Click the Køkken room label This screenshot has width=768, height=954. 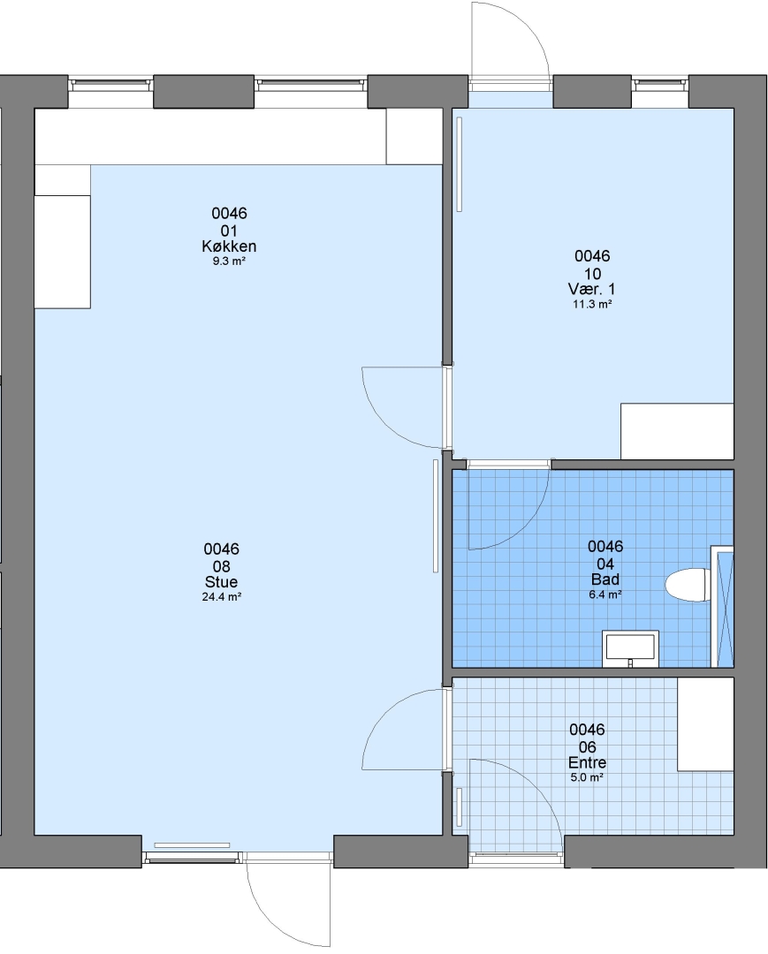[229, 246]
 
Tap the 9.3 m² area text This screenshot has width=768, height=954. [229, 261]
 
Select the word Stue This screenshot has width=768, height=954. [221, 582]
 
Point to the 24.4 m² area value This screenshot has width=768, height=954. [222, 597]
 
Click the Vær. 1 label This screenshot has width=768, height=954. [591, 289]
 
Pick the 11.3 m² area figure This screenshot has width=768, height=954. [592, 304]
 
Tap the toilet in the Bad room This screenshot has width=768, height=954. [688, 586]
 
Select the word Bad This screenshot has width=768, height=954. [605, 579]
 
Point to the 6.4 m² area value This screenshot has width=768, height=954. [605, 594]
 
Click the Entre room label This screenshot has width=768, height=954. [587, 762]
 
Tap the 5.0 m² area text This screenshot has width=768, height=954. [587, 777]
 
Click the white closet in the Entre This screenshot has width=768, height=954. [705, 724]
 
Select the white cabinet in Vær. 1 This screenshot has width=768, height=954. [677, 431]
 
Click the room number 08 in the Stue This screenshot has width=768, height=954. [221, 566]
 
